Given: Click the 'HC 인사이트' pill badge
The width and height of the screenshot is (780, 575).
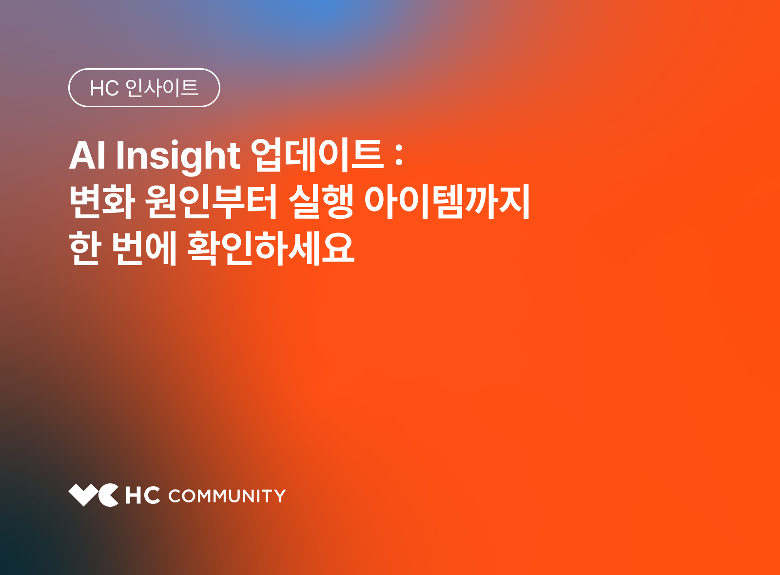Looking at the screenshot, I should [144, 88].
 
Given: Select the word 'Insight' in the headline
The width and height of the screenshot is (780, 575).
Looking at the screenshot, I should [178, 156].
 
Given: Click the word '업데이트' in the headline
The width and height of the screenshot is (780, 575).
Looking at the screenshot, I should [317, 155].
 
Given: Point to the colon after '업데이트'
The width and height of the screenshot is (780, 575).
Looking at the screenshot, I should [399, 155].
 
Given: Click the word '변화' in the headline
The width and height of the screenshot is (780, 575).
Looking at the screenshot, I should [102, 202].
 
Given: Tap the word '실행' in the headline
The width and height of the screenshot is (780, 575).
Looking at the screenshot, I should [321, 202].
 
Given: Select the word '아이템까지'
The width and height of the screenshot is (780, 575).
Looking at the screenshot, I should [447, 202].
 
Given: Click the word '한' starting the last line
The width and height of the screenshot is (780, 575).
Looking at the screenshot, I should [85, 248].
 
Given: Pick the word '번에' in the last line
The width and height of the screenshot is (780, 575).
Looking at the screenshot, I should [144, 248].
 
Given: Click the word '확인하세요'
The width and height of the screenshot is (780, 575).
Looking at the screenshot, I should [271, 248].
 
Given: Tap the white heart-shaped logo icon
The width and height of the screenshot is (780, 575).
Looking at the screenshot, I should [93, 495].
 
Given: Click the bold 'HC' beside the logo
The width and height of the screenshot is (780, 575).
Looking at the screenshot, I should [142, 496].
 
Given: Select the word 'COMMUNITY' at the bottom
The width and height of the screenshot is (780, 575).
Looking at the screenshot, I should [227, 496].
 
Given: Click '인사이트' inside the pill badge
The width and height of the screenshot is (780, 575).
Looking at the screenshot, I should [162, 88].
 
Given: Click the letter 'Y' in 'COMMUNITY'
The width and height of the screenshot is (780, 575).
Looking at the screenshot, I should [279, 496].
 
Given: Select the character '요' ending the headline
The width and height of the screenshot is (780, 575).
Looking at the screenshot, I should [337, 248].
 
